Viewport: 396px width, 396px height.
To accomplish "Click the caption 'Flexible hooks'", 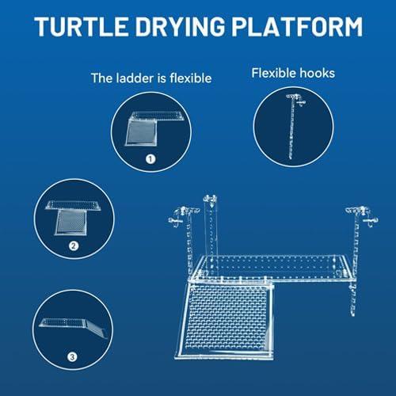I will coord(293,74).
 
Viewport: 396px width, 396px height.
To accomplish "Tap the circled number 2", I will coord(73,246).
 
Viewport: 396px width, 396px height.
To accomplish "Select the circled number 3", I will coord(72,356).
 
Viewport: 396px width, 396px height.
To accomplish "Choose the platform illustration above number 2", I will coord(72,215).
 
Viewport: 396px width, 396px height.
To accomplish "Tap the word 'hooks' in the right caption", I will coord(318,74).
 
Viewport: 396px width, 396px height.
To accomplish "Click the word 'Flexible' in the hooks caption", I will coord(275,74).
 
